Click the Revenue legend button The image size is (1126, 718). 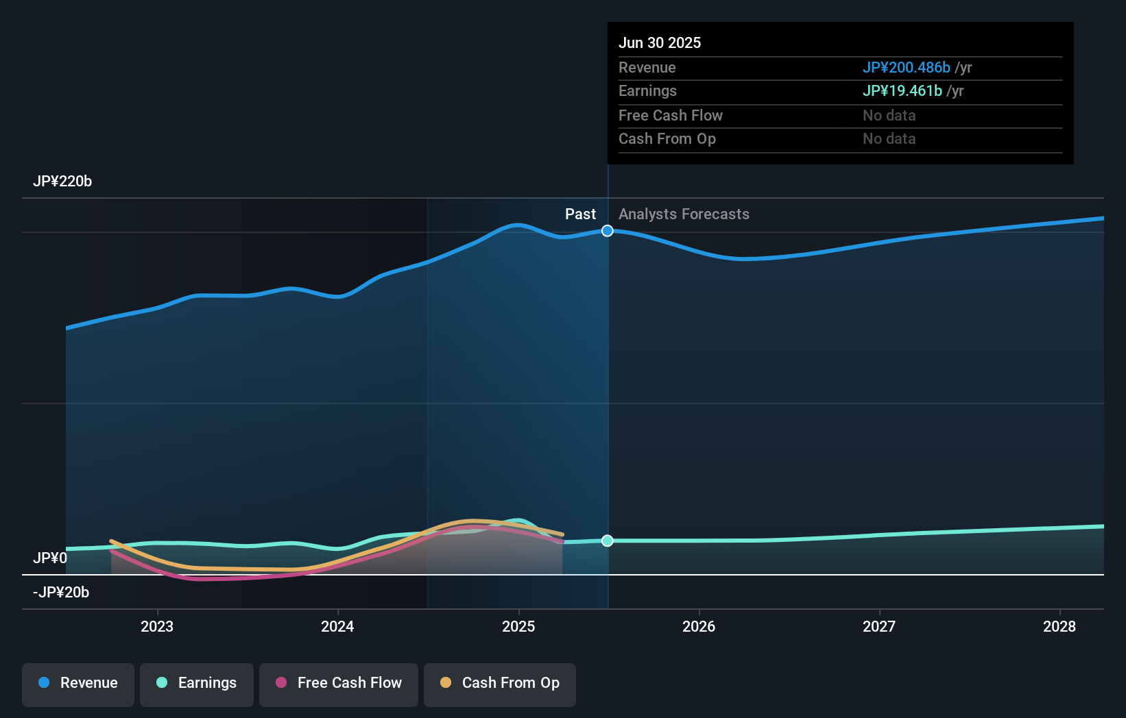coord(78,683)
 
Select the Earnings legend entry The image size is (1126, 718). coord(197,683)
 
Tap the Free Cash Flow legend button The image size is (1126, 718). coord(339,683)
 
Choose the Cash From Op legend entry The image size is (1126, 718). coord(500,683)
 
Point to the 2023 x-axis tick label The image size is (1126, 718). coord(157,626)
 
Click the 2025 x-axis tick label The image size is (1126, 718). coord(518,626)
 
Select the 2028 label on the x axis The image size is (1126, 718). coord(1059,626)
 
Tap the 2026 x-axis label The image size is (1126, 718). coord(699,626)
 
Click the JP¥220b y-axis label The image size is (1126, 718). coord(62,182)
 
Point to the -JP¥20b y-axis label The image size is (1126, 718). coord(61,593)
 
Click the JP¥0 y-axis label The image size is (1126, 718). coord(50,558)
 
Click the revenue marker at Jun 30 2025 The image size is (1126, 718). coord(608,231)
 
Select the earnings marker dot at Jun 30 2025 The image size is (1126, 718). coord(608,541)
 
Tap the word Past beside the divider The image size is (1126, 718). coord(580,214)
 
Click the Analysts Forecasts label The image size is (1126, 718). coord(684,214)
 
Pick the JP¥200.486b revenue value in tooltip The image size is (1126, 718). coord(906,68)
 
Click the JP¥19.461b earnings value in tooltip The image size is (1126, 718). coord(902,91)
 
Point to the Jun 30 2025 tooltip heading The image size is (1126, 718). coord(660,43)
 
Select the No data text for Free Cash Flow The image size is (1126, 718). coord(889,116)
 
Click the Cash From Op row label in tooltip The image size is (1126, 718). coord(667,139)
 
